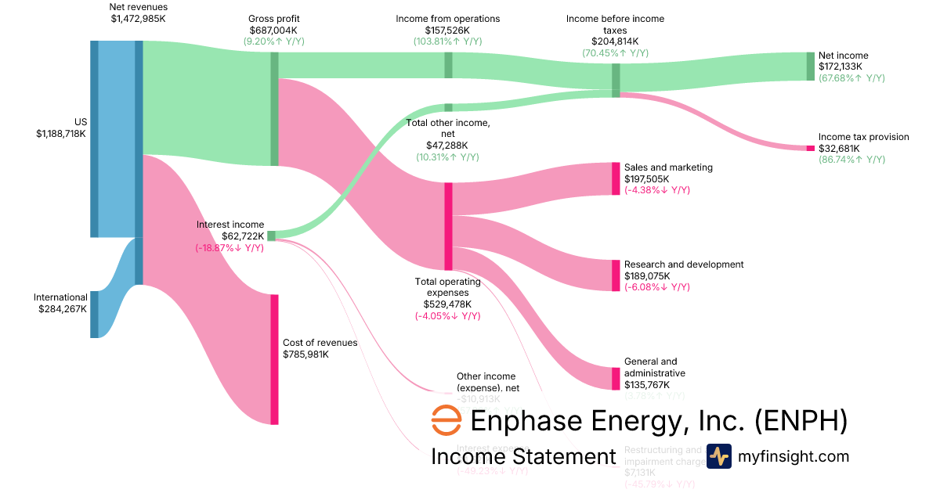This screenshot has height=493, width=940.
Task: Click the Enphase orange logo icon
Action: click(x=446, y=421)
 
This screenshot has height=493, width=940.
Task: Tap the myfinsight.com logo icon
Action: click(x=719, y=456)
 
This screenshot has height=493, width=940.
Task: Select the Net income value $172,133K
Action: click(x=843, y=67)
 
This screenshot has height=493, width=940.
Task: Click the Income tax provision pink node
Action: click(x=811, y=148)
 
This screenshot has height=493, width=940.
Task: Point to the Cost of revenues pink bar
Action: click(x=274, y=359)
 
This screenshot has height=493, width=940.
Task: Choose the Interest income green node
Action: click(x=271, y=236)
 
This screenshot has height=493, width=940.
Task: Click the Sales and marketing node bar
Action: click(x=616, y=178)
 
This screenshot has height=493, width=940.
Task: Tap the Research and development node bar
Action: click(x=616, y=275)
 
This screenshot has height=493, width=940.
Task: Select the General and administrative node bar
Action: click(x=616, y=379)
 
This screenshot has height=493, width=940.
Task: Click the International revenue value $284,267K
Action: click(x=62, y=309)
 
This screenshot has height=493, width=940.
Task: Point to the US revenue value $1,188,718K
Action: click(x=61, y=134)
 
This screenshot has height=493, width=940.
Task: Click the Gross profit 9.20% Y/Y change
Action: click(x=274, y=41)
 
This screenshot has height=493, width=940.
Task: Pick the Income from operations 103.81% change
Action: click(x=448, y=41)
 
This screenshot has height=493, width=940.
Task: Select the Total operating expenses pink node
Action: click(x=448, y=226)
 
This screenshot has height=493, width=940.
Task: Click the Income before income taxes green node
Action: click(x=616, y=81)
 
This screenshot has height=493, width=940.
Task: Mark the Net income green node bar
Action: click(x=811, y=67)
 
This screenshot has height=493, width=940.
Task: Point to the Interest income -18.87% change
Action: click(x=230, y=248)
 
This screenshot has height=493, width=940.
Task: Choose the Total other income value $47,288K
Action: click(x=448, y=146)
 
